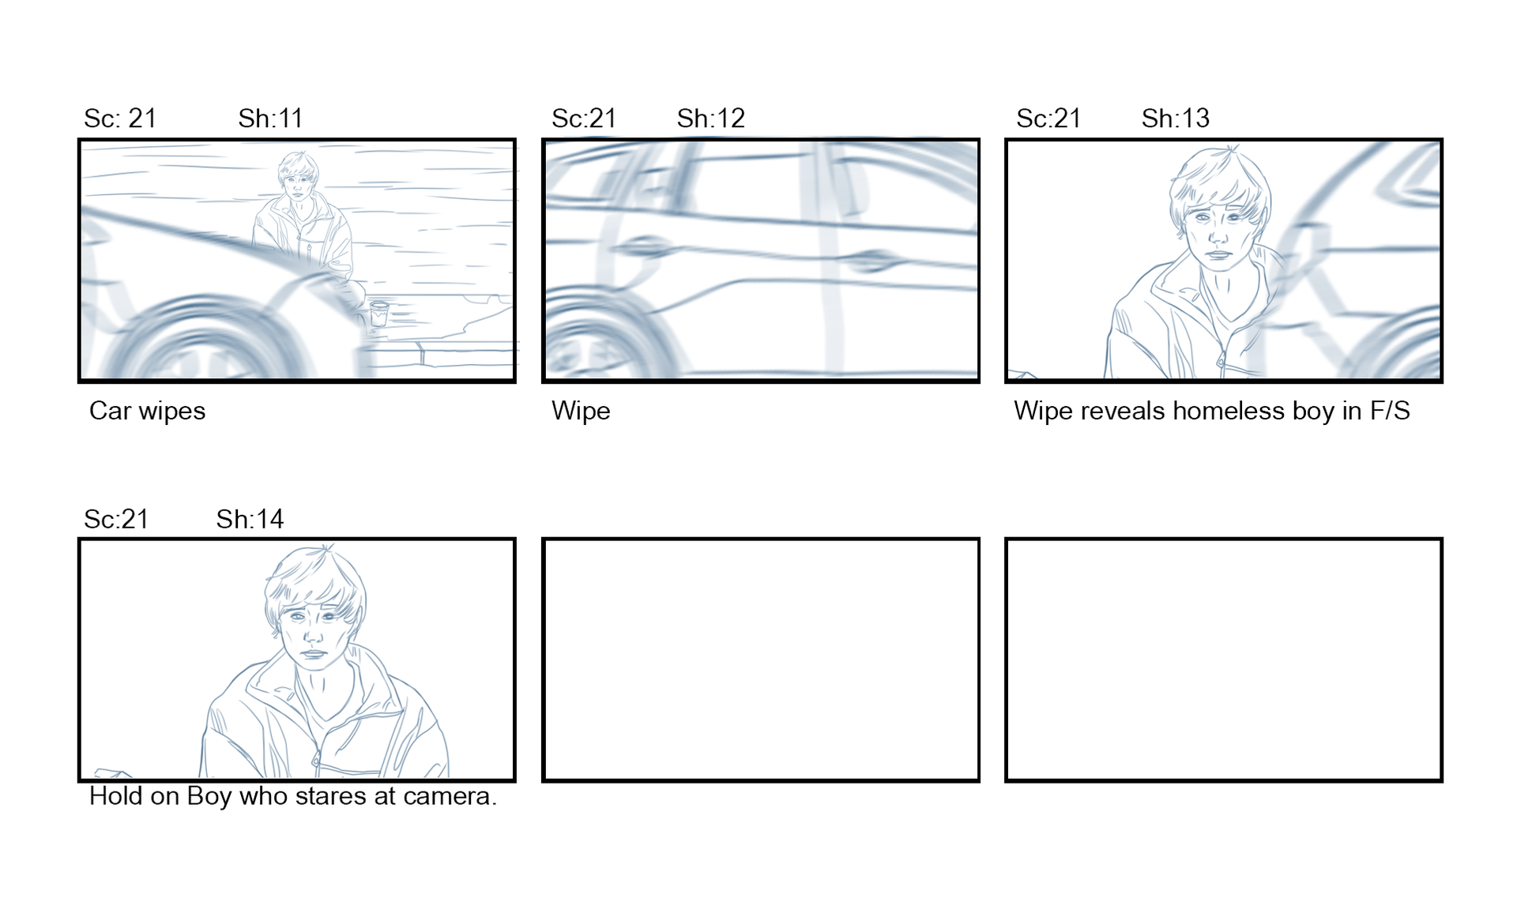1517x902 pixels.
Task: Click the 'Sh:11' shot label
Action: (x=270, y=118)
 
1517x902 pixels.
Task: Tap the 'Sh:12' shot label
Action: (x=710, y=118)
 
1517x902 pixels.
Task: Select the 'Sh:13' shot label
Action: (x=1175, y=118)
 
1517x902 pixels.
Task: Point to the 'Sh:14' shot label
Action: (x=250, y=519)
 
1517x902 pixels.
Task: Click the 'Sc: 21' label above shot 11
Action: (x=120, y=118)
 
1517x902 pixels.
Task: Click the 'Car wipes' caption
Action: (x=147, y=411)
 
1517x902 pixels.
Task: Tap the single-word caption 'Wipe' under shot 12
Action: (x=581, y=411)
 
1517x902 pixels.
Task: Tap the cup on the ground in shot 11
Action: (x=379, y=313)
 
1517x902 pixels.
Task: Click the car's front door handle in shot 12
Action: (x=871, y=259)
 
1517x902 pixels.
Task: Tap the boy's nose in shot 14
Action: (x=312, y=633)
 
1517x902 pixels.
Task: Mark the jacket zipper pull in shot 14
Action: (x=317, y=763)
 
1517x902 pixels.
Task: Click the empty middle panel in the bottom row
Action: (x=761, y=660)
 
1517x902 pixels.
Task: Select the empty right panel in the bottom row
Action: (x=1224, y=660)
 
